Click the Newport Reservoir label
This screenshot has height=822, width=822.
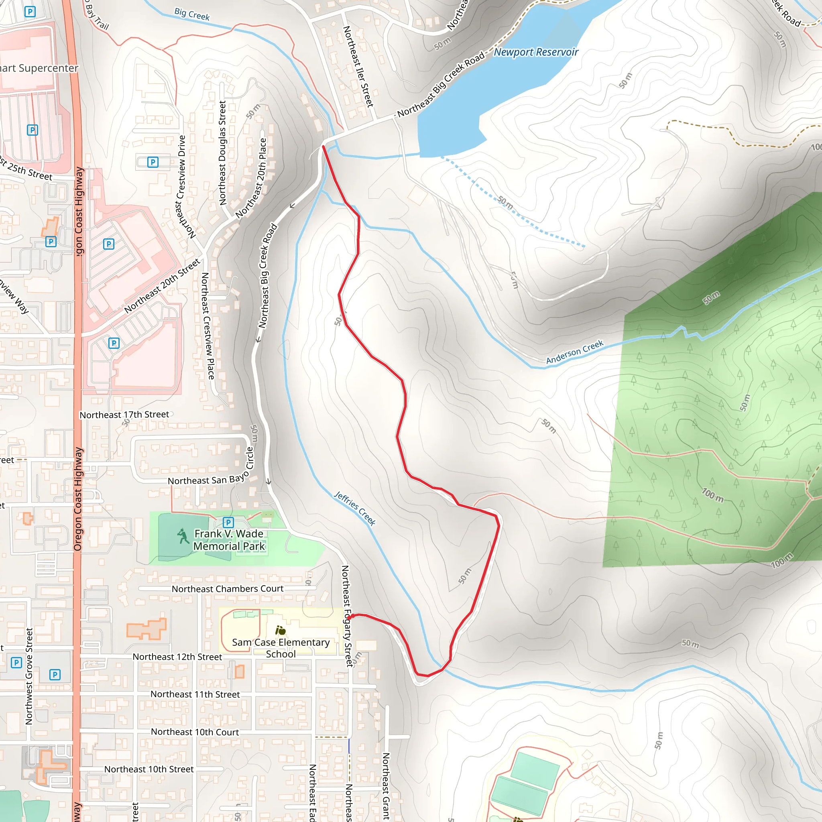click(x=536, y=52)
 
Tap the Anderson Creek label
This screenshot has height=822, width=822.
click(x=574, y=352)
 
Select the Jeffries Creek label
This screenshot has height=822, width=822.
click(x=354, y=509)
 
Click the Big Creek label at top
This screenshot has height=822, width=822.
click(x=192, y=14)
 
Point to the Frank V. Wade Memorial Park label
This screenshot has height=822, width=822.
click(x=229, y=539)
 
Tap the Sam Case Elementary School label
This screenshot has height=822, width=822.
click(x=281, y=647)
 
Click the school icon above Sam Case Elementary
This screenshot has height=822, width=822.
click(x=281, y=630)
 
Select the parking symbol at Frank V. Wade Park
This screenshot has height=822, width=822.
click(x=228, y=522)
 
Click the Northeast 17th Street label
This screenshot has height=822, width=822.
click(x=124, y=414)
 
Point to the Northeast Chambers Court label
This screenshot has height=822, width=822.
click(x=228, y=589)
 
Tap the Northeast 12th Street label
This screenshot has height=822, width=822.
click(x=177, y=657)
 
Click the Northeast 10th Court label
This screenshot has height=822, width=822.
click(x=195, y=732)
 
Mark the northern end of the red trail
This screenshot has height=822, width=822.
click(x=324, y=147)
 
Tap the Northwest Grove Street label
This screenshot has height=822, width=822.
click(x=29, y=676)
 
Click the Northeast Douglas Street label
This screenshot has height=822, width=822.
click(x=222, y=153)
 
